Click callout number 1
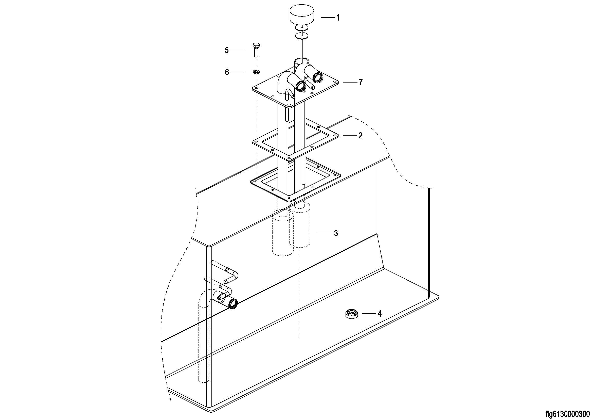pyautogui.click(x=337, y=18)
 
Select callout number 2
pyautogui.click(x=360, y=136)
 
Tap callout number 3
pyautogui.click(x=336, y=233)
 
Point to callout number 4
pyautogui.click(x=380, y=314)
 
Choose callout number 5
pyautogui.click(x=227, y=50)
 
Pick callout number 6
pyautogui.click(x=227, y=72)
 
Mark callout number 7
pyautogui.click(x=361, y=83)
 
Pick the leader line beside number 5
pyautogui.click(x=237, y=50)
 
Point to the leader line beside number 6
pyautogui.click(x=238, y=72)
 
